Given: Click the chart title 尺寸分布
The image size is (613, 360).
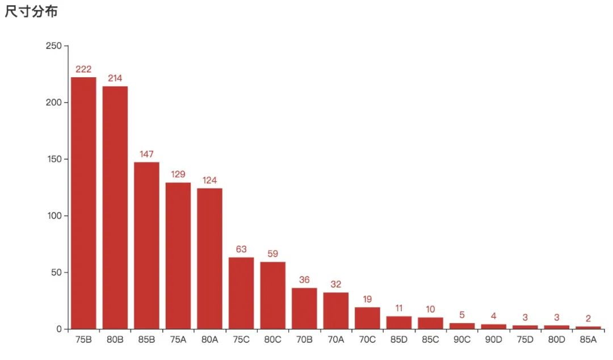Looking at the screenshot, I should click(x=31, y=11).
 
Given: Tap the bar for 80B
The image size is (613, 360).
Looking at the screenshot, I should click(x=115, y=207).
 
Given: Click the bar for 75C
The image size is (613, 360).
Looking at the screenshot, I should click(x=241, y=293).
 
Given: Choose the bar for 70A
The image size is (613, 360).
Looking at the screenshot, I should click(x=336, y=311).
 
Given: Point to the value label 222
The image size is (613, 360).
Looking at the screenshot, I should click(x=83, y=69).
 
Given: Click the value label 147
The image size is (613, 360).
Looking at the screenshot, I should click(x=146, y=154).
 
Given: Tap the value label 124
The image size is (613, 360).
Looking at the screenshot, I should click(x=209, y=181).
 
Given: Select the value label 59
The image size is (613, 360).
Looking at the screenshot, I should click(x=272, y=254).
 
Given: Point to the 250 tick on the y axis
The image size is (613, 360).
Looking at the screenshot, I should click(x=53, y=46).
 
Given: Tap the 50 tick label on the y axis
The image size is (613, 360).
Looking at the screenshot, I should click(x=56, y=273).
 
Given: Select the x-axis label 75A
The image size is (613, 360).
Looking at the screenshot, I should click(x=178, y=340).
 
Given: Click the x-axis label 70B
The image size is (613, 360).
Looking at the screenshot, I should click(x=304, y=340).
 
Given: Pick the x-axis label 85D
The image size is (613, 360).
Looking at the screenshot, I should click(x=399, y=340).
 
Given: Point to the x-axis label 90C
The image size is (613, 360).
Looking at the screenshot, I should click(x=462, y=340).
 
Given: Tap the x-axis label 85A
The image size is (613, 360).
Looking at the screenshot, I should click(x=588, y=340).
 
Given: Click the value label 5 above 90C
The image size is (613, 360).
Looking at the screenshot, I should click(x=462, y=315).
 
